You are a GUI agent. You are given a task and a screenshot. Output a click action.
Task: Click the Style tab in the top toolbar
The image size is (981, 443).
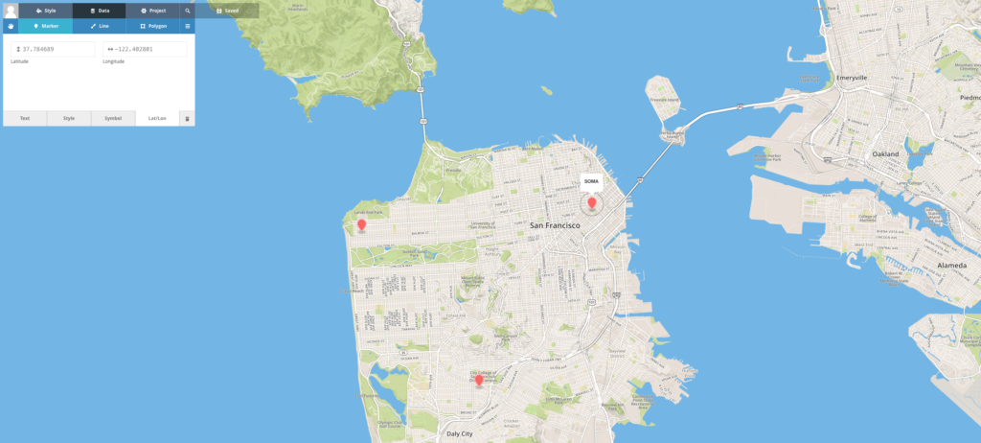pos(45,11)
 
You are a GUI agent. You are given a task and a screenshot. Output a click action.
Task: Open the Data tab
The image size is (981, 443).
pos(99,11)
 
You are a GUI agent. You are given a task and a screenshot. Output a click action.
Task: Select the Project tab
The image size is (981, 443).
pos(152,11)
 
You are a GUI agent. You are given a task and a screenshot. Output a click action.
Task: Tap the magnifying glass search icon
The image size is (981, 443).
pos(188,11)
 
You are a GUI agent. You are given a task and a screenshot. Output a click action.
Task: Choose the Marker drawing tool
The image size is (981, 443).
pos(45,26)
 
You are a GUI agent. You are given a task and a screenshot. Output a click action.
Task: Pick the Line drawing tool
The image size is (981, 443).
pos(99,26)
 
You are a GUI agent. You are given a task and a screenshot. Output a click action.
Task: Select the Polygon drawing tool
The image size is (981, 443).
pos(152,26)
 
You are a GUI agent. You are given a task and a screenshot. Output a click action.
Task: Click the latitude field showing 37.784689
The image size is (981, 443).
pos(53,49)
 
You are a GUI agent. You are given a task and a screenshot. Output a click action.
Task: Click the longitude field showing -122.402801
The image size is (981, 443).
pos(145,49)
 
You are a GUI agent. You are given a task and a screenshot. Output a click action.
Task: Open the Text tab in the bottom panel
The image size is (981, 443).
pos(25,118)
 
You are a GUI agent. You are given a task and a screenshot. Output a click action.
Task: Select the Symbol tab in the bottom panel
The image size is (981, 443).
pos(113,118)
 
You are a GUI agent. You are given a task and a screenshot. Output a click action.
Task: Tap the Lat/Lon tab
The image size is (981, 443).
pos(157,118)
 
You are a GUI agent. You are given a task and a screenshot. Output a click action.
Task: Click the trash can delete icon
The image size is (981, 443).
pos(187,118)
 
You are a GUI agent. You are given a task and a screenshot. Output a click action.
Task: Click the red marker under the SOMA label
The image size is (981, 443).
pos(592,202)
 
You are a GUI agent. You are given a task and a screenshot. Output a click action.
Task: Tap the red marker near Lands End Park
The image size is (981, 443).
pos(361,225)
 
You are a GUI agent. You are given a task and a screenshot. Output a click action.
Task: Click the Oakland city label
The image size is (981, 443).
pos(885,153)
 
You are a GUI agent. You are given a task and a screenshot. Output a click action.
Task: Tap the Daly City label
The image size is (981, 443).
pos(460,433)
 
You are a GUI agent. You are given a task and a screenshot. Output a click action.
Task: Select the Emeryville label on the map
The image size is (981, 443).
pos(851,77)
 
